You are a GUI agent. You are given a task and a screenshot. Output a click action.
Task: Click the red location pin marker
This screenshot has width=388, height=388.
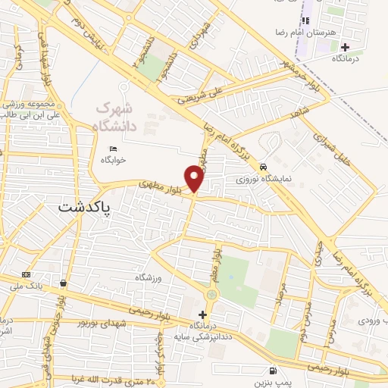[x=195, y=179]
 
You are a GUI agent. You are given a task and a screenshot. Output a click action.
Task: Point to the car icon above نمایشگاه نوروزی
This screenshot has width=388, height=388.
[x=263, y=167]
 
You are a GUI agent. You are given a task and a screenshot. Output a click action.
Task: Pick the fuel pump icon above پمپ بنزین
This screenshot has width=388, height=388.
[x=271, y=371]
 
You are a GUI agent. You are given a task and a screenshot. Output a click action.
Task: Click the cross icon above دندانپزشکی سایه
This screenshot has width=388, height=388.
[x=202, y=314]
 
